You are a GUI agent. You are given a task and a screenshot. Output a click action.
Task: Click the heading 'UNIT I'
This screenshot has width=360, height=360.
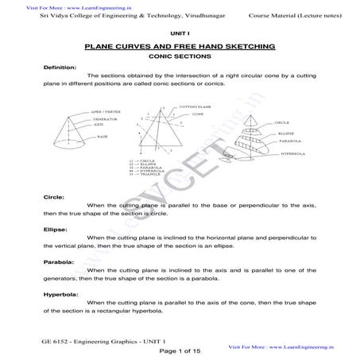tap(180, 33)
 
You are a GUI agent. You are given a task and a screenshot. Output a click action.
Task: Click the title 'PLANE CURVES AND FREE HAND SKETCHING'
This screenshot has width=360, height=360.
tap(180, 47)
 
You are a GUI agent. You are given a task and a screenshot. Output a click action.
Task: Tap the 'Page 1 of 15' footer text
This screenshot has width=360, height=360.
tap(180, 350)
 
